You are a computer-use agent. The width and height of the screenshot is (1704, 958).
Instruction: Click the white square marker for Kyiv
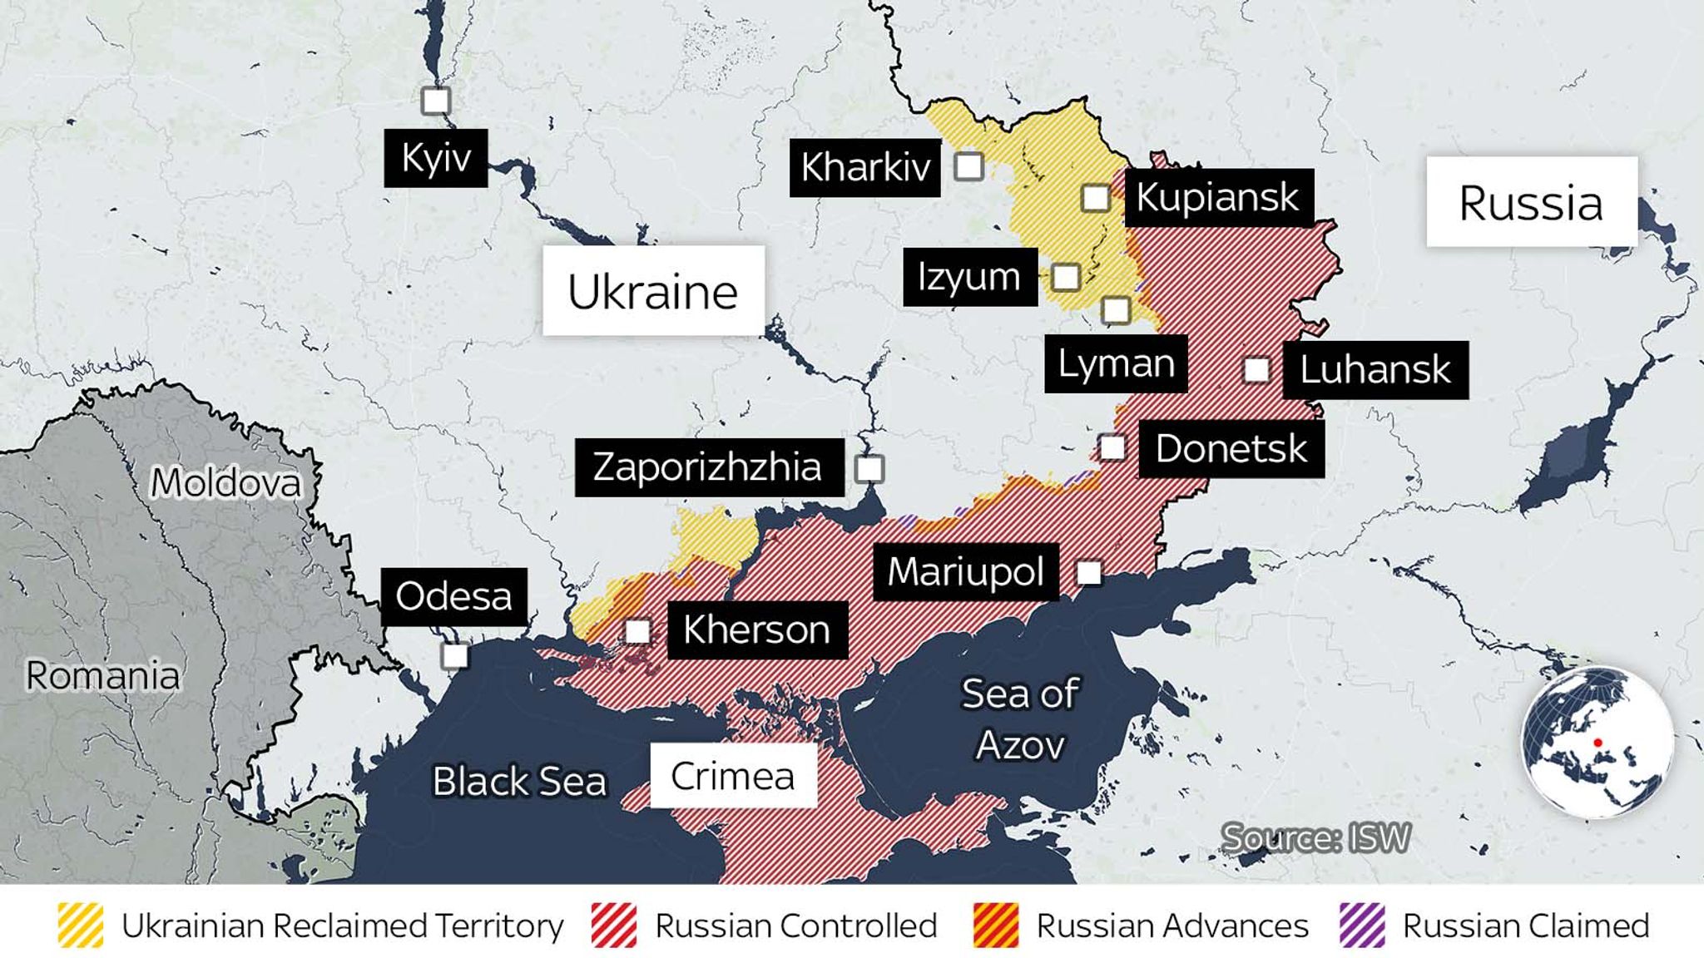point(435,101)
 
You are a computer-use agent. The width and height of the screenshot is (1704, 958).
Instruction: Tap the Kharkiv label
point(864,167)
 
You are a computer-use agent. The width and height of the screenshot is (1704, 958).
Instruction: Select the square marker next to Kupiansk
point(1096,198)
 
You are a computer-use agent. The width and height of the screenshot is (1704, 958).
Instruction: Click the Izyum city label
point(969,277)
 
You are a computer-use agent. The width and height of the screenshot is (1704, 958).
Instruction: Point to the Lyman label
point(1116,363)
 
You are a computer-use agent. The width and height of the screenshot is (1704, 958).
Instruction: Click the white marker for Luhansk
point(1256,369)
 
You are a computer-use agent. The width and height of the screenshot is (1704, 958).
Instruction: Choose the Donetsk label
point(1231,449)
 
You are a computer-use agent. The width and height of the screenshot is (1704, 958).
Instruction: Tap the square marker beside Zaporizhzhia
point(869,469)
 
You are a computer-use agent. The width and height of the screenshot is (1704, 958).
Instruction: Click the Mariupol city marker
point(1088,572)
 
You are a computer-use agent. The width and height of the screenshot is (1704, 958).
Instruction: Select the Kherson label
point(756,630)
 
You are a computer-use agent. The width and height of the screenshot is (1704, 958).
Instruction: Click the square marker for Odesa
point(454,655)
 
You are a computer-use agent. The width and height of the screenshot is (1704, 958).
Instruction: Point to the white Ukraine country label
point(653,291)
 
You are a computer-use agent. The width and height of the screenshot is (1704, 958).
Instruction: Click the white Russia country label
point(1531,202)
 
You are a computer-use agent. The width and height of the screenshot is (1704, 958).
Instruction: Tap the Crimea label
point(732,776)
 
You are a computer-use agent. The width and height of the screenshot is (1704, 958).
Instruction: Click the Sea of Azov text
point(1020,718)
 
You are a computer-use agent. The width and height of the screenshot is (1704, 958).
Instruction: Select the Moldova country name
point(225,481)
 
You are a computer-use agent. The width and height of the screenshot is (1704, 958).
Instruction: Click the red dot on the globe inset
point(1598,742)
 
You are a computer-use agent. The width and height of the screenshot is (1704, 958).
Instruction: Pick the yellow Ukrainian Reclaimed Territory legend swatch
point(81,926)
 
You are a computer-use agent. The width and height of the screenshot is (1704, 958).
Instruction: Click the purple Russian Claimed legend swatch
point(1362,926)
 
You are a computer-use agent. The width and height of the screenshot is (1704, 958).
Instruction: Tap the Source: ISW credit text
point(1315,837)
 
